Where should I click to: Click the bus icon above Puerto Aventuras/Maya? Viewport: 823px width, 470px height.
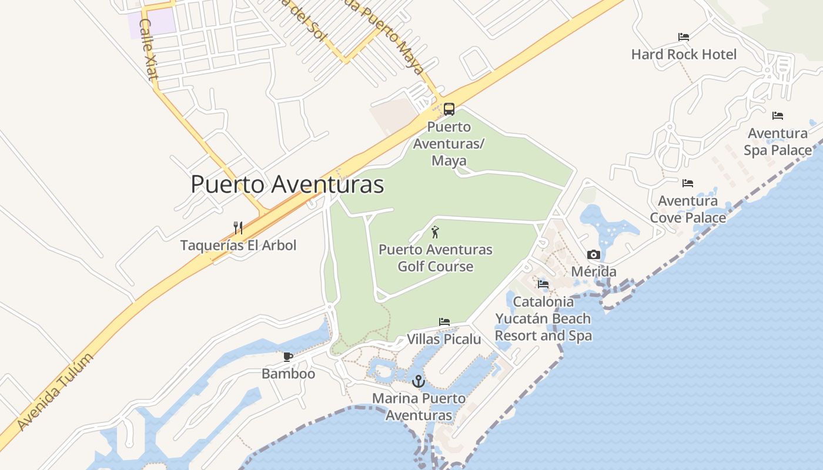[449, 109]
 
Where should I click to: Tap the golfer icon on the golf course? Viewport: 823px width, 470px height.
[435, 232]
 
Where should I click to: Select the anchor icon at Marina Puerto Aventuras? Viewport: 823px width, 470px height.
[418, 381]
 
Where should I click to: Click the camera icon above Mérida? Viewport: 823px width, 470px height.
[594, 254]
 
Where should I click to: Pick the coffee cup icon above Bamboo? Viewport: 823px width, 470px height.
[288, 357]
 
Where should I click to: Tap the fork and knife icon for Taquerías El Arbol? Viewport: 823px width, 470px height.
[238, 227]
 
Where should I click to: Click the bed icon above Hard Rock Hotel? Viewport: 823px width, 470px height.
[684, 37]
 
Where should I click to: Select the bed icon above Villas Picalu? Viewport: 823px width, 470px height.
[444, 322]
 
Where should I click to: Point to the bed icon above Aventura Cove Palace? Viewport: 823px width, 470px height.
[688, 183]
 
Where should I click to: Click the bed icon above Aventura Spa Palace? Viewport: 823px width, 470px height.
[778, 116]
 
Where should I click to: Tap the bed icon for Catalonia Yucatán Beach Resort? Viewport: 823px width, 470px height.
[543, 284]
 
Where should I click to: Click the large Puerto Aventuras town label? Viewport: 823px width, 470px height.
[287, 184]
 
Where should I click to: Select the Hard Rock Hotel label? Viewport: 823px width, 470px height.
[684, 55]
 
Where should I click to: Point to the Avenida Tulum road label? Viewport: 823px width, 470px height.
[55, 392]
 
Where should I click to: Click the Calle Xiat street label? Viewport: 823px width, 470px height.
[149, 50]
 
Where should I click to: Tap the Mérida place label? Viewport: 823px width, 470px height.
[594, 271]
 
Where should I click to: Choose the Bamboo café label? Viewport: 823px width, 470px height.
[288, 374]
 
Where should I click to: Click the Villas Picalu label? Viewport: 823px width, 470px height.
[444, 339]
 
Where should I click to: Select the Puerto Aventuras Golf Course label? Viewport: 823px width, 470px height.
[435, 258]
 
